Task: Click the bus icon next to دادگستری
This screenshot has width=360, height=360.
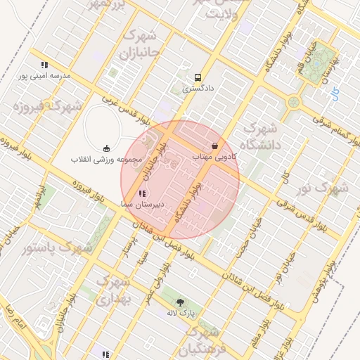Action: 198,77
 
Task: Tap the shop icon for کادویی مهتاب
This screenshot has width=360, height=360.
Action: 214,146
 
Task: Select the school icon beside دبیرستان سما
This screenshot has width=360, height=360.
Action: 143,193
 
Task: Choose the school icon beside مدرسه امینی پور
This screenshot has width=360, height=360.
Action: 45,65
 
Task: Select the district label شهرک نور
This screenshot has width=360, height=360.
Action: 323,188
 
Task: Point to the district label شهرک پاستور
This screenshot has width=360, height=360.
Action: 58,248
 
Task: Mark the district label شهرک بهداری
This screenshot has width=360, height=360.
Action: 112,290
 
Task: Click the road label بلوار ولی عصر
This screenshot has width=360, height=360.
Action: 157,281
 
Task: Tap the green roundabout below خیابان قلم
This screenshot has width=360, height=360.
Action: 292,103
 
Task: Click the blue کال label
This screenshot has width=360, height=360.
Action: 335,92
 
